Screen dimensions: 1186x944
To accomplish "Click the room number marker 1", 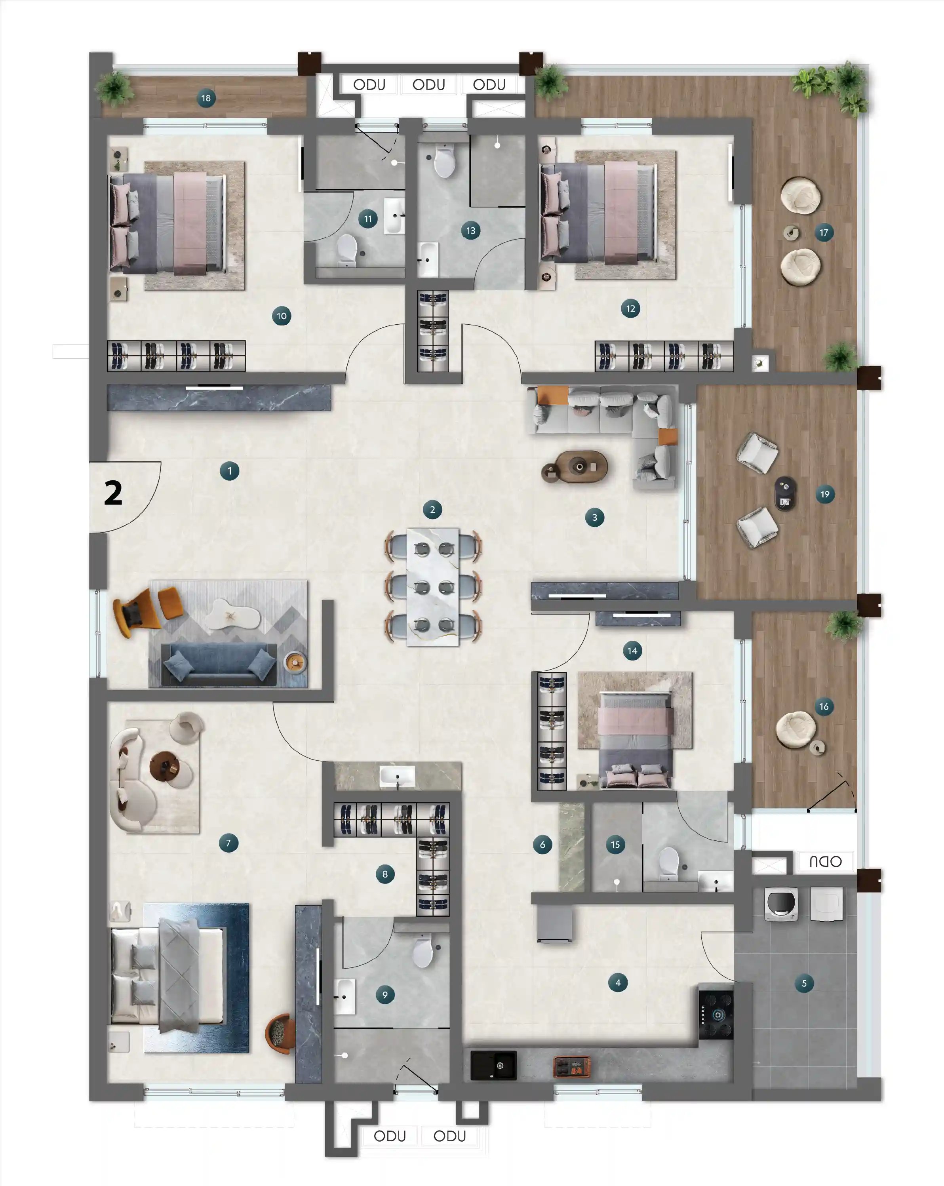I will (229, 471).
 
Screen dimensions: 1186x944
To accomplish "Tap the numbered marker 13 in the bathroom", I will (471, 230).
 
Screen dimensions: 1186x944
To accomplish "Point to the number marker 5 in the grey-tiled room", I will (804, 983).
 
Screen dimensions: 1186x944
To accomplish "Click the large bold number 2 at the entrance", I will (113, 493).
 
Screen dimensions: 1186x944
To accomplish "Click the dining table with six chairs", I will (432, 586).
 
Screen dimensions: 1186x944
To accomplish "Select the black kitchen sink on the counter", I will (493, 1066).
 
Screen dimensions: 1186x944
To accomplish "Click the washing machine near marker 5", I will (781, 904).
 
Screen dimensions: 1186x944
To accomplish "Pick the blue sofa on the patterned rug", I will (219, 664).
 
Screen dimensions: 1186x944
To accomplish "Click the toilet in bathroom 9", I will (423, 952).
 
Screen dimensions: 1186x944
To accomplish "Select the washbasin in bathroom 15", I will (716, 882).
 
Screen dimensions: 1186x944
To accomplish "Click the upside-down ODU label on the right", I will (825, 861).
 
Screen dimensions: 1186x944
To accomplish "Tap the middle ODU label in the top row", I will (428, 85).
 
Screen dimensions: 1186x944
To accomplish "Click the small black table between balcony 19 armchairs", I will (785, 493).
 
